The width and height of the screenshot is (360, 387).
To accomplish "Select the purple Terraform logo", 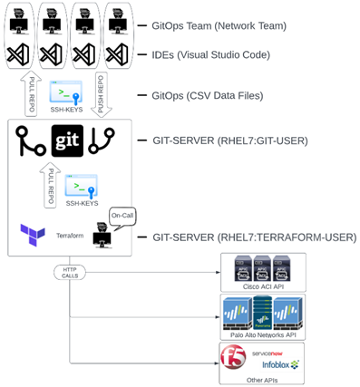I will [x=33, y=234].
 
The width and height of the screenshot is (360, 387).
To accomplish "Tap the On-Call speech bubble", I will [x=122, y=216].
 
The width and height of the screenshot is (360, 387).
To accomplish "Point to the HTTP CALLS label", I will [x=70, y=272].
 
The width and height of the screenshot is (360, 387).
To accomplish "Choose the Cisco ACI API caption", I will [x=262, y=286].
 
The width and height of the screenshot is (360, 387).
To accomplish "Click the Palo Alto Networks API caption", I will [x=262, y=334].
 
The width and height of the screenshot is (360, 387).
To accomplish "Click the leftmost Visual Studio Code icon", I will [x=19, y=54].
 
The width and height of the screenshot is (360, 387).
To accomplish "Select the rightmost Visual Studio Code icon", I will [x=117, y=54].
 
